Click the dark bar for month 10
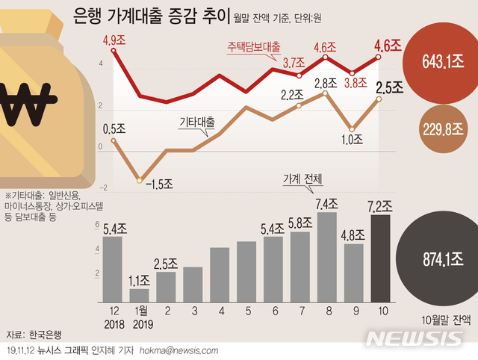pyautogui.click(x=379, y=258)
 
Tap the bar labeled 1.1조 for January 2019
pyautogui.click(x=140, y=295)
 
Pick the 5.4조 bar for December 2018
pyautogui.click(x=113, y=269)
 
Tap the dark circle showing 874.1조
pyautogui.click(x=432, y=259)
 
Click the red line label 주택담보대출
pyautogui.click(x=254, y=46)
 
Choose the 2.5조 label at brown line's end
pyautogui.click(x=388, y=88)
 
